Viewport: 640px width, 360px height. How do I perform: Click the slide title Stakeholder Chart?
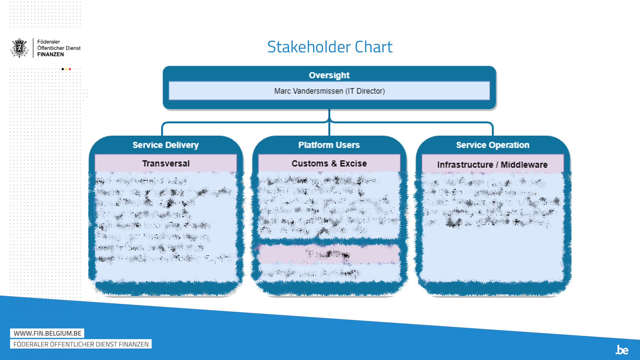pos(330,47)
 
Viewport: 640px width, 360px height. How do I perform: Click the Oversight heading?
pos(329,75)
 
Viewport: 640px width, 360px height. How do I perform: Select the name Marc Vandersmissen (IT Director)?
pos(329,91)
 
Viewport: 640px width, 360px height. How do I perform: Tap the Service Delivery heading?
pos(165,145)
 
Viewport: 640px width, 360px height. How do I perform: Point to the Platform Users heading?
pos(329,145)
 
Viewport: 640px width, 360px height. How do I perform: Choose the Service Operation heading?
pos(492,145)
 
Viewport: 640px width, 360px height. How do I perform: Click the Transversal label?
pos(166,164)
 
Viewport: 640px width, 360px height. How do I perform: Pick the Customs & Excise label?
pos(329,164)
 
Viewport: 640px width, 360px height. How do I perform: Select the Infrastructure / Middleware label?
pos(492,165)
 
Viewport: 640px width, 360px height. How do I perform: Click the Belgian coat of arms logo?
pos(20,48)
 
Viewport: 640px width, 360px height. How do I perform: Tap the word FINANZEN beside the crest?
pos(51,54)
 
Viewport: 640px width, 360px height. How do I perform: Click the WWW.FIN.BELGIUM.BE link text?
pos(47,333)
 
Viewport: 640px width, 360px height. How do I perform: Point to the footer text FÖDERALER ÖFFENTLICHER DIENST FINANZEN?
pos(81,344)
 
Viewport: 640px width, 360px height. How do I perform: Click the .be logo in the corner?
pos(622,350)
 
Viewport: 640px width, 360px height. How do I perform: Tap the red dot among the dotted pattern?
pos(70,69)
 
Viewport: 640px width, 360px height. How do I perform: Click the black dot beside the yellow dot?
pos(63,69)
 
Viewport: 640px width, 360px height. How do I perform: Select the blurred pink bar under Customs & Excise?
pos(329,254)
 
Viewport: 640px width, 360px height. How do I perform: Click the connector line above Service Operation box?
pos(492,129)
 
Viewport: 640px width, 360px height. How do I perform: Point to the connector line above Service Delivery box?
pos(163,129)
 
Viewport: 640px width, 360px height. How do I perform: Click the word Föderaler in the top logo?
pos(49,42)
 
